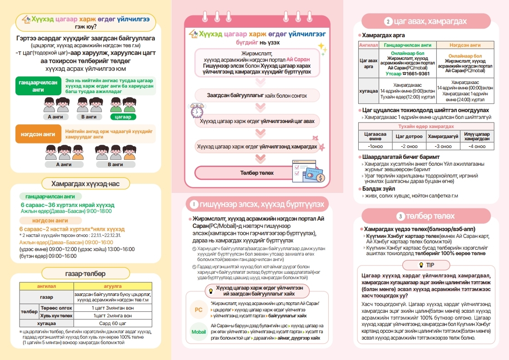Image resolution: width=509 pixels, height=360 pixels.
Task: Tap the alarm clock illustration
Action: (197, 111)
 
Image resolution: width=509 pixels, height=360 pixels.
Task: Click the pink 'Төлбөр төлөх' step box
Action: (257, 173)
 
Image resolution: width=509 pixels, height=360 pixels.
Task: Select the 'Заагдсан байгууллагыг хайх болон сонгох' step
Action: (257, 96)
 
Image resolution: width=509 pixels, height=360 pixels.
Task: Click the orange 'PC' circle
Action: (198, 310)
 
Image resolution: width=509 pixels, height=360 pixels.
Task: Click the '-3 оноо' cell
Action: (440, 146)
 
